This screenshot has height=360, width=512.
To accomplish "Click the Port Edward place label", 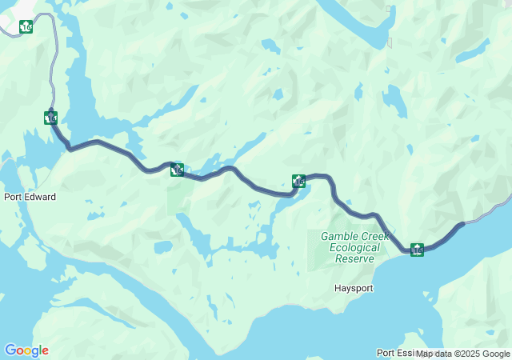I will point(30,197).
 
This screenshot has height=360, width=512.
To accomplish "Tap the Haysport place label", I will point(354,287).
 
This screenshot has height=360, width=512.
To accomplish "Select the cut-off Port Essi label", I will point(395,353).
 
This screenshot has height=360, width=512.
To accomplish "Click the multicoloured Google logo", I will point(26,350).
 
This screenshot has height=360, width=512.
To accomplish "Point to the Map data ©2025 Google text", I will point(463,354).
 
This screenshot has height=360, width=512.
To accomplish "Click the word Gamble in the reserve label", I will point(339,236).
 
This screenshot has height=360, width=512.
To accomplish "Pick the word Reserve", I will point(355,259).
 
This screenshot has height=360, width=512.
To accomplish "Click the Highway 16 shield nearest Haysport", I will point(418,250).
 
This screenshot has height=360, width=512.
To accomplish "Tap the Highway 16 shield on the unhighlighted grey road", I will point(26,26).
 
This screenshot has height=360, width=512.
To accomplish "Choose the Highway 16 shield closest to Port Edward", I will point(51,118).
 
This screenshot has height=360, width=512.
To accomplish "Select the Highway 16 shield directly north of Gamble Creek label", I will point(298,182).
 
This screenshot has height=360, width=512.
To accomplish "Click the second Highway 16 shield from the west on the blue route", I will point(178,170).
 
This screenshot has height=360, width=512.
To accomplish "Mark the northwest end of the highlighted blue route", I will point(50,110).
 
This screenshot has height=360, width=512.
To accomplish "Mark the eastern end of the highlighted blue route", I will point(462,224).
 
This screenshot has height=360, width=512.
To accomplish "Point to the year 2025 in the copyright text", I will point(473,354).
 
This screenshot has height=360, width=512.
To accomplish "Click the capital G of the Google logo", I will point(10,350).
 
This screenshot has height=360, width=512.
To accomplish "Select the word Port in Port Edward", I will point(13,197).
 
